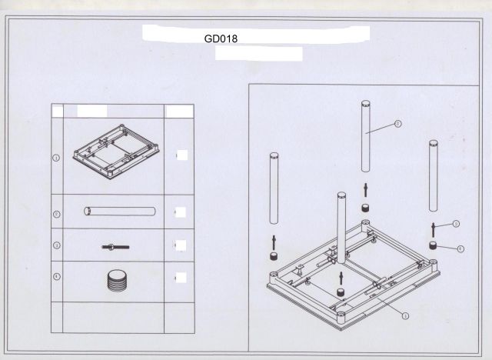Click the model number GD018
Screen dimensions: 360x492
tap(220, 36)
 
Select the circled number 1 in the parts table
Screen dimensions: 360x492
tap(56, 157)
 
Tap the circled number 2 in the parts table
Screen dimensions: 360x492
tap(56, 213)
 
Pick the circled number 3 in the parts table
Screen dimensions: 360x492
tap(56, 245)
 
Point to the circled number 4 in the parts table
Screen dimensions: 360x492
tap(56, 275)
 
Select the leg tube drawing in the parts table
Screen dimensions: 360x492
tap(120, 212)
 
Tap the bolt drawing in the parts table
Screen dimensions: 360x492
tap(115, 246)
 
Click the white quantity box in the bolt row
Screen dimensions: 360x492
tap(181, 246)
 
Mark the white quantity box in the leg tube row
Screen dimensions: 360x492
tap(181, 212)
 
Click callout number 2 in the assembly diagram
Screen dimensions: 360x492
tap(397, 123)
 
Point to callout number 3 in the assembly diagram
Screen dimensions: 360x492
tap(456, 224)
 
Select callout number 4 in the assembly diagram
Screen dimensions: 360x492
tap(460, 248)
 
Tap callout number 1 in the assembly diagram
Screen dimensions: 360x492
tap(405, 315)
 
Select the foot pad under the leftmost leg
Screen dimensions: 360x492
tap(273, 255)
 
